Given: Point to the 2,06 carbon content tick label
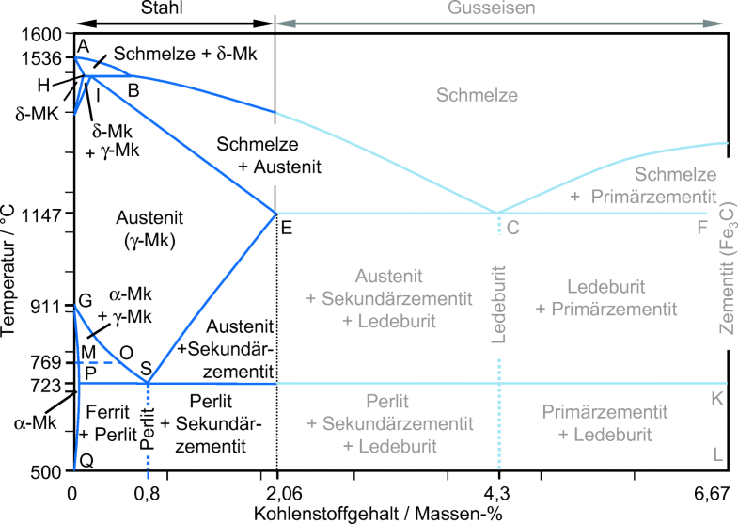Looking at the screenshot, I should (x=276, y=491).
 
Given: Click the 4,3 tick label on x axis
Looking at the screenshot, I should (x=499, y=491).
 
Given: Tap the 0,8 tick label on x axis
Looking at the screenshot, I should (x=149, y=491).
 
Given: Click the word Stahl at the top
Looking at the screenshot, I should (x=175, y=8).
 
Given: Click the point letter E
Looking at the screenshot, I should (x=286, y=226).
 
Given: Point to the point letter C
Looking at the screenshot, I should (x=512, y=227).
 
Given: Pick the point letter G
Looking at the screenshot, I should (x=85, y=301).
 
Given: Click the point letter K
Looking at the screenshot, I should (x=716, y=399).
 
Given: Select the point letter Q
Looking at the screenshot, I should (x=86, y=461).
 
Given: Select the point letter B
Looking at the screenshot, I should (x=133, y=90).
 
